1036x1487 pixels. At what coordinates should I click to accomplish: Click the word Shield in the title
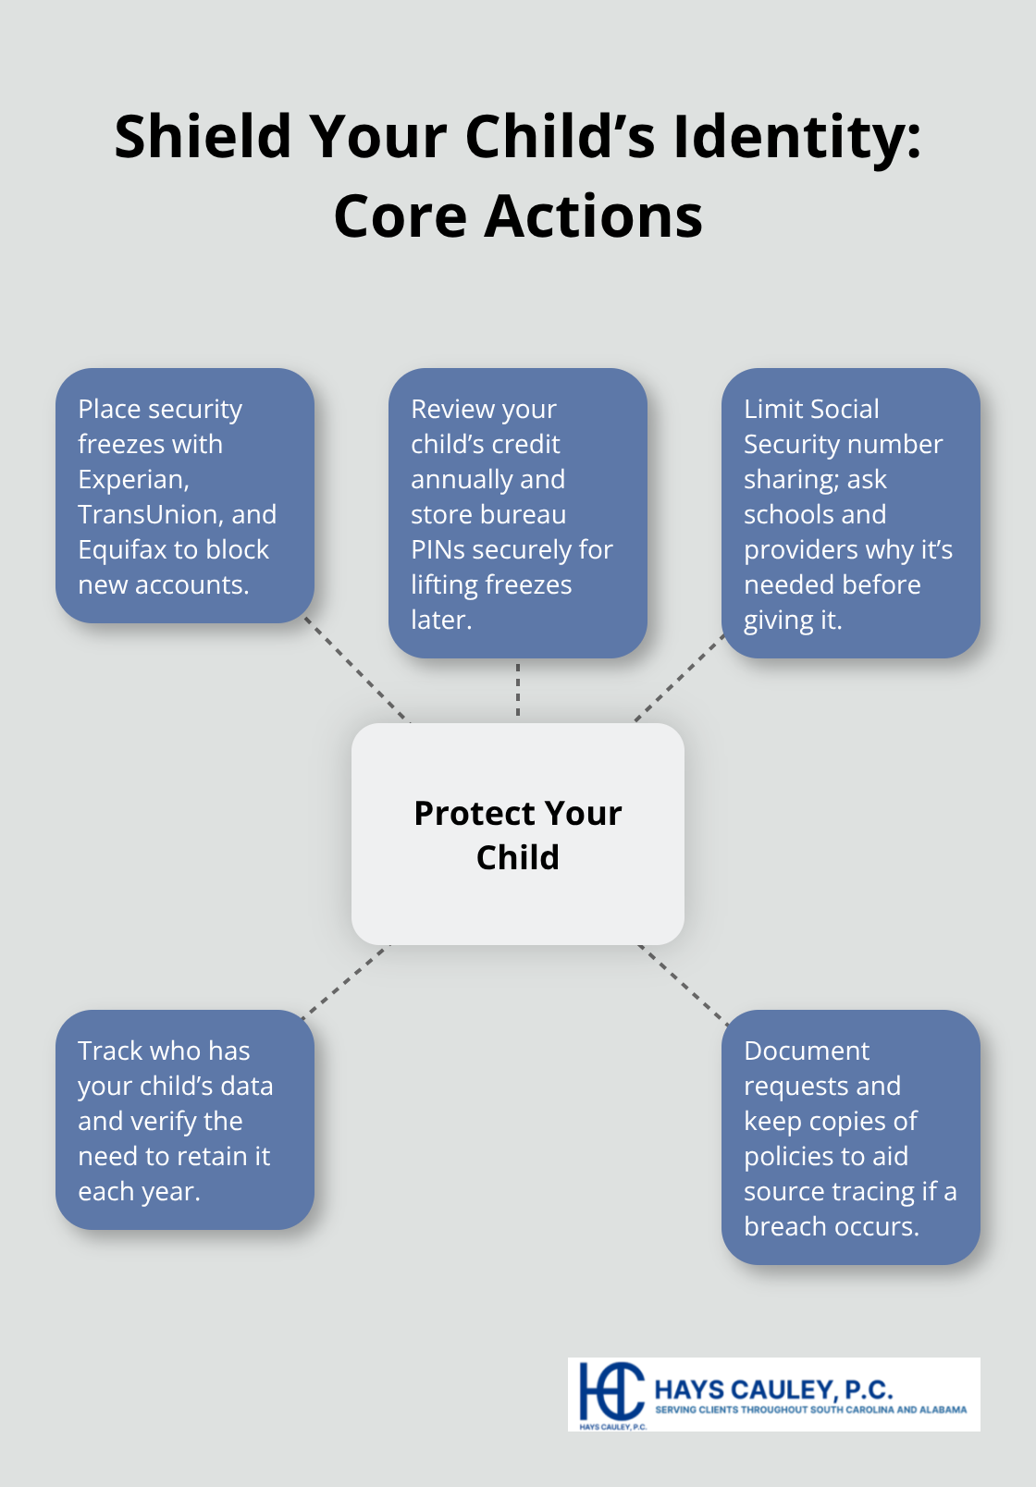[x=203, y=137]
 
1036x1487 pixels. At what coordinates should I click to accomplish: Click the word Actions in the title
[x=593, y=216]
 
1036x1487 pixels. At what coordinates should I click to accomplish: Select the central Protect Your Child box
[x=518, y=834]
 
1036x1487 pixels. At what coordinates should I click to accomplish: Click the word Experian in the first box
[x=132, y=480]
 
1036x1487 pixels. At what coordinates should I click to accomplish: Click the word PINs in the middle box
[x=438, y=550]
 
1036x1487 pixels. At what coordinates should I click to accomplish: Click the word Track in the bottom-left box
[x=110, y=1051]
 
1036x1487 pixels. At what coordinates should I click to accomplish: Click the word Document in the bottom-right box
[x=807, y=1051]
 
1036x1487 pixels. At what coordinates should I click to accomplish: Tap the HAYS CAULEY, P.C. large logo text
[x=773, y=1389]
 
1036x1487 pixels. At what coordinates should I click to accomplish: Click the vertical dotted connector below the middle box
[x=518, y=690]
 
